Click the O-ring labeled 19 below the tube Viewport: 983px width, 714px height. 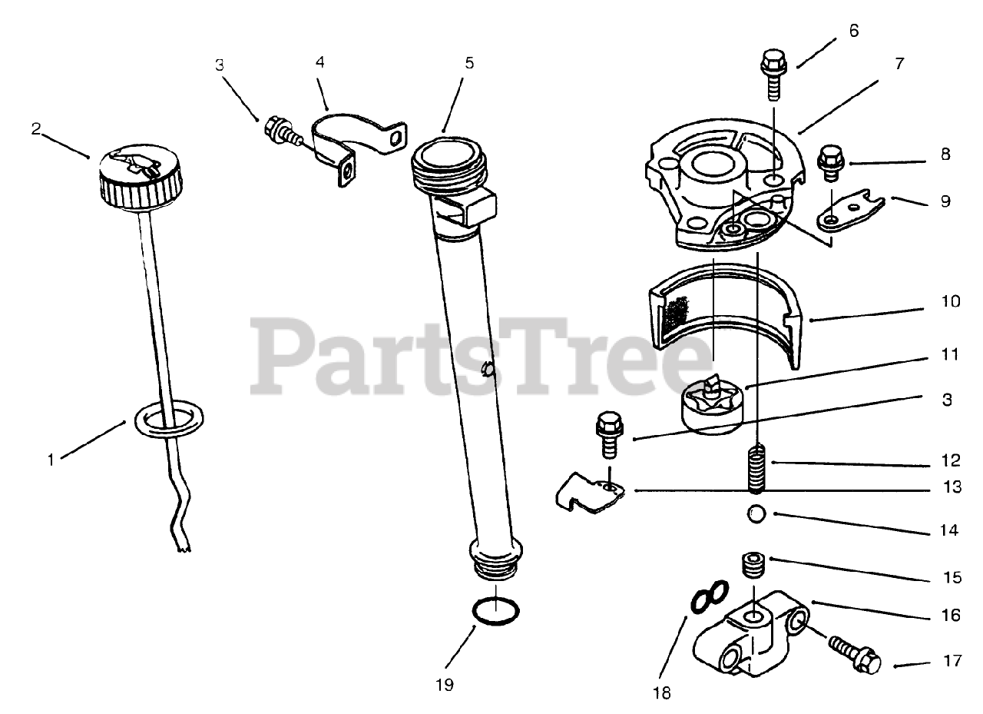tap(495, 613)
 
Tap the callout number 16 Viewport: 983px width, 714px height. tap(950, 615)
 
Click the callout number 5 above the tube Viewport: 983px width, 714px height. tap(469, 63)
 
